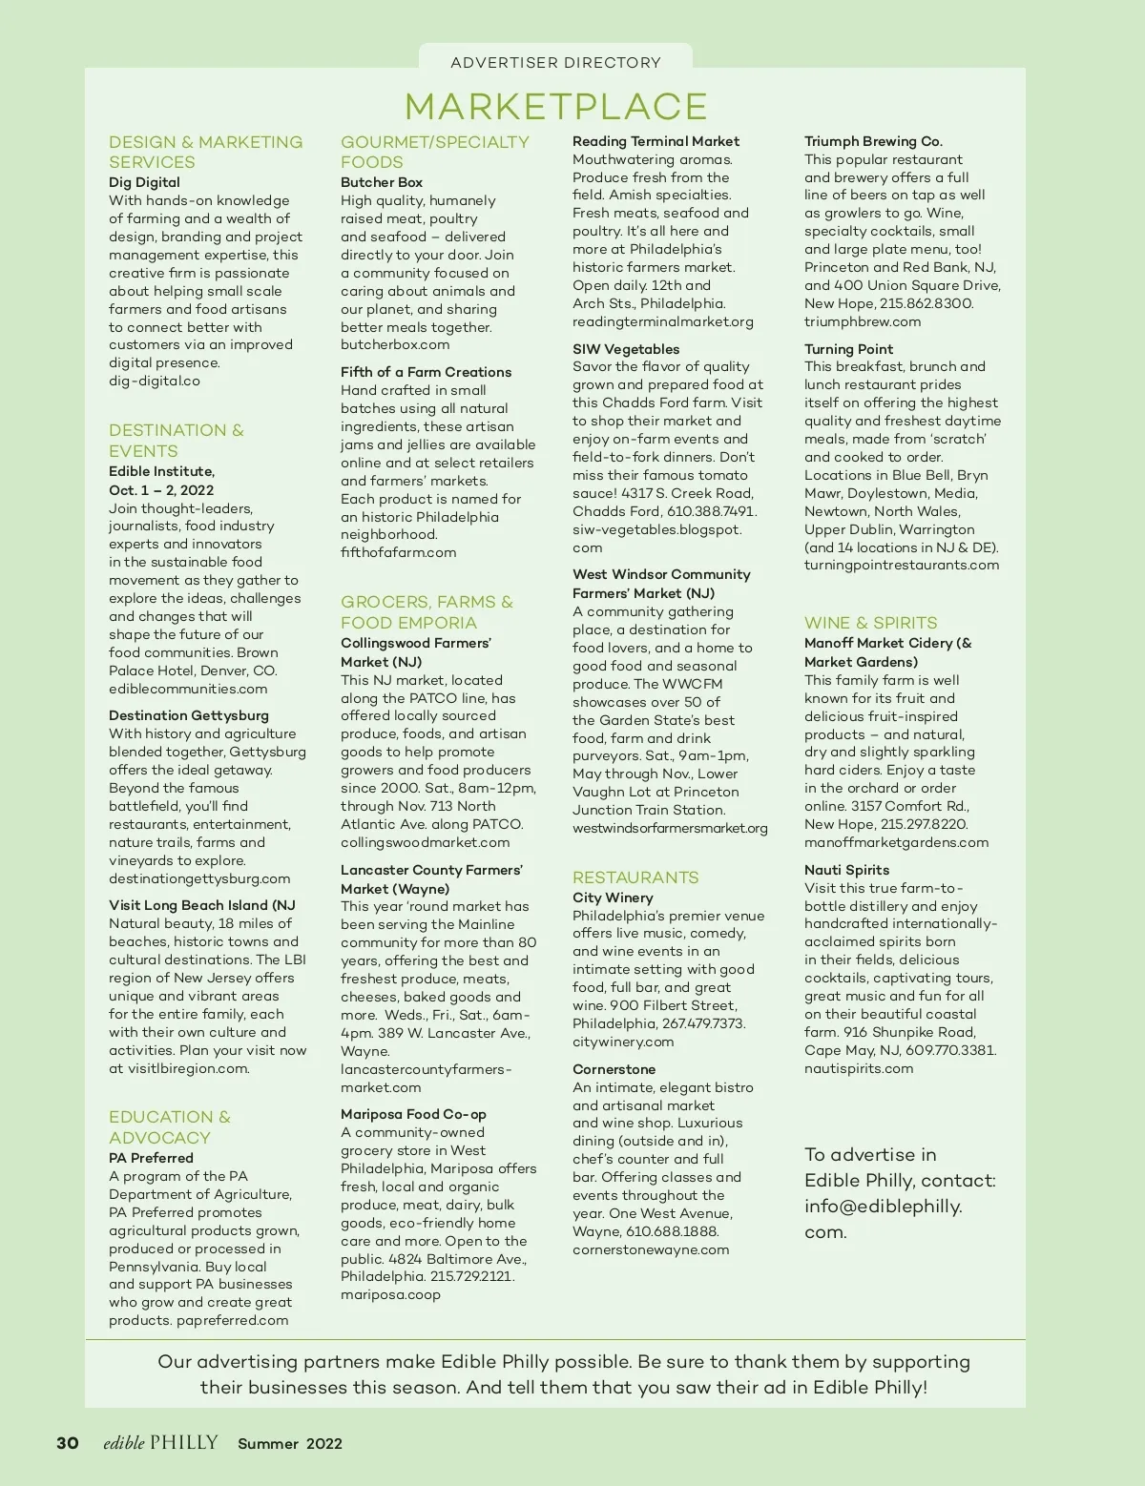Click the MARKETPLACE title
click(555, 106)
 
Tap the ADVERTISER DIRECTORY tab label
click(555, 63)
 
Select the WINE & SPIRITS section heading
click(870, 623)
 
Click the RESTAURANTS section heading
click(635, 877)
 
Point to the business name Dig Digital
click(144, 182)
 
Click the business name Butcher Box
click(382, 182)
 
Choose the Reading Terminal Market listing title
click(656, 141)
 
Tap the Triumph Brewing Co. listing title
click(873, 141)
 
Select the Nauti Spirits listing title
click(846, 870)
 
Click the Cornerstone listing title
click(614, 1069)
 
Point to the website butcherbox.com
click(395, 344)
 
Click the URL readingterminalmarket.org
click(662, 321)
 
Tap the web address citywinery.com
click(623, 1042)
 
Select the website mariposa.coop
click(390, 1294)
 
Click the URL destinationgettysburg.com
click(199, 878)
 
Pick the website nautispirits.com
click(859, 1068)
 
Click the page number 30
click(68, 1443)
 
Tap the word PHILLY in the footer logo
click(184, 1442)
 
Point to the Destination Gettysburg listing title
click(189, 715)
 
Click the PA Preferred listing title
click(151, 1158)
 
